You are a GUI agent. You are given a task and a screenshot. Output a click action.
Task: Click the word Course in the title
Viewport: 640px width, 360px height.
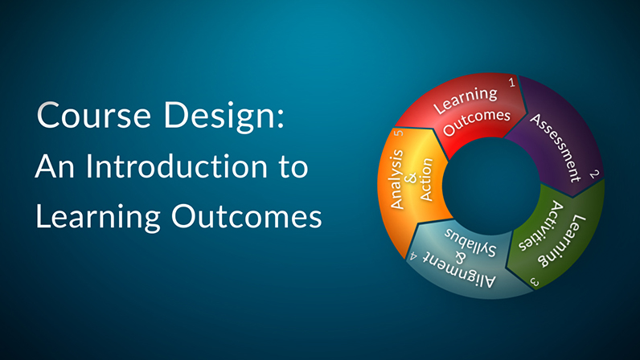click(x=93, y=115)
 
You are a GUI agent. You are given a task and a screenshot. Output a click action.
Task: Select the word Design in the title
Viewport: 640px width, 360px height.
click(x=220, y=117)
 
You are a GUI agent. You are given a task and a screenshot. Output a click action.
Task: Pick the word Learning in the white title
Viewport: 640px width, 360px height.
click(x=97, y=218)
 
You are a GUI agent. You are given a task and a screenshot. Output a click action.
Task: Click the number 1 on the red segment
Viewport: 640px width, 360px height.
click(x=512, y=83)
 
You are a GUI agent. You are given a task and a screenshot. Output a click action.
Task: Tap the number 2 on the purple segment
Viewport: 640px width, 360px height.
click(x=594, y=174)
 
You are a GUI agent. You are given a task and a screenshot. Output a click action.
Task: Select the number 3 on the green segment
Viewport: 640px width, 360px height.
click(x=535, y=281)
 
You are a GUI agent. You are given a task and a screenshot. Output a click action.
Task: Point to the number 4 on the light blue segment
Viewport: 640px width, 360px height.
click(x=413, y=256)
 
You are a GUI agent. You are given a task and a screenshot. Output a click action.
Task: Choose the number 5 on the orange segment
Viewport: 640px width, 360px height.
click(x=398, y=133)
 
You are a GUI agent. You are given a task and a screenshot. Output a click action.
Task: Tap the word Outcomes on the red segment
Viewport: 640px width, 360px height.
click(x=477, y=121)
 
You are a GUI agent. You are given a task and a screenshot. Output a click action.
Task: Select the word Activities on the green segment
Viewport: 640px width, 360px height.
click(x=541, y=225)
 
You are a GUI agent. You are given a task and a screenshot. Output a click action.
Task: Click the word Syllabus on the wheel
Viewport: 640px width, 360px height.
click(x=470, y=242)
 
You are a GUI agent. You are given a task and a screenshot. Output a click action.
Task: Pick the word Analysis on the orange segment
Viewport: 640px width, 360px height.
click(x=397, y=179)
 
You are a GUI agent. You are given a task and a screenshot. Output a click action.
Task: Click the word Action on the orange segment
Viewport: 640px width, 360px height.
click(x=425, y=180)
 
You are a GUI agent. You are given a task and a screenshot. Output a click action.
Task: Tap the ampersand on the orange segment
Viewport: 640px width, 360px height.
click(x=412, y=178)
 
